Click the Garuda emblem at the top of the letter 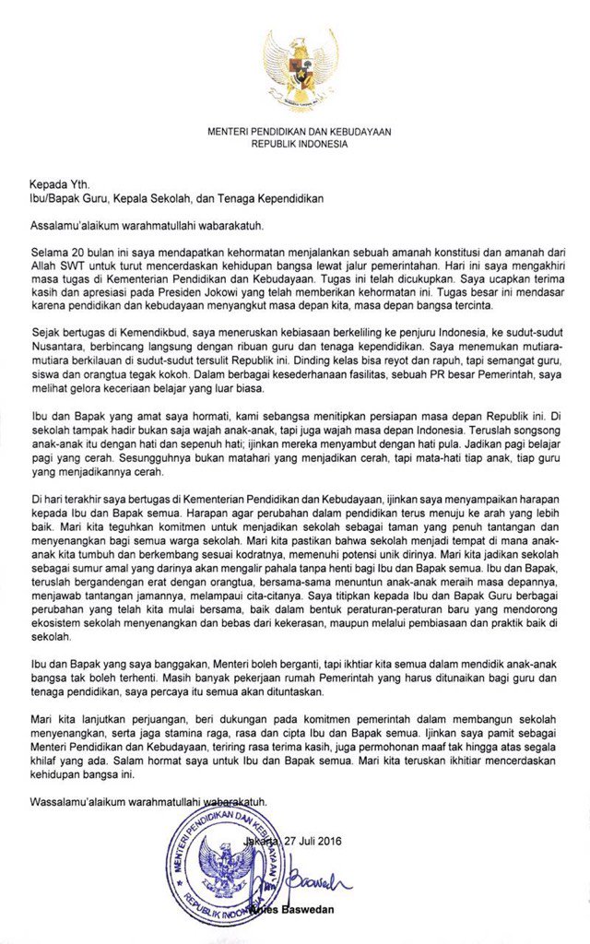(299, 70)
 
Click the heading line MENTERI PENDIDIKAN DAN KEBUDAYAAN (299, 133)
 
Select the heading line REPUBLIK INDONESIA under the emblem (299, 145)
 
